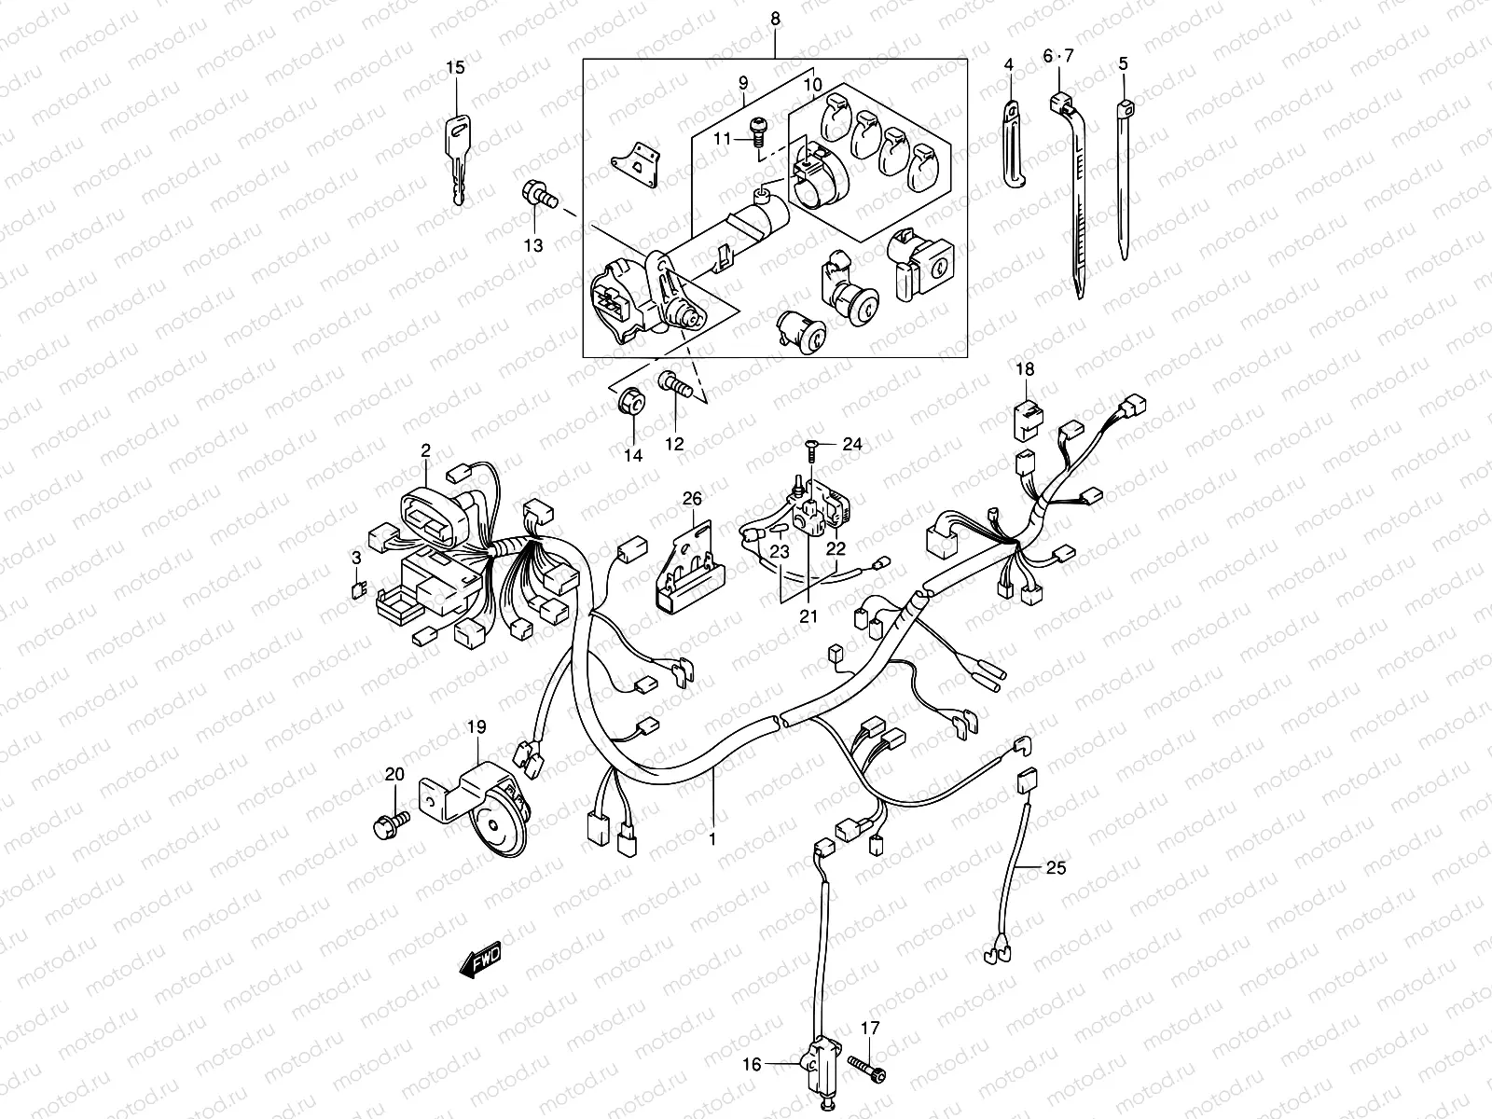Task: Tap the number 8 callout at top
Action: [776, 19]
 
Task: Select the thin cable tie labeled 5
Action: [1126, 177]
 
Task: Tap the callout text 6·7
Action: [1058, 57]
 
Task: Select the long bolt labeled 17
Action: [866, 1065]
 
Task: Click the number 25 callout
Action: [1055, 868]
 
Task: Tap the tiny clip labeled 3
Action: [356, 587]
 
